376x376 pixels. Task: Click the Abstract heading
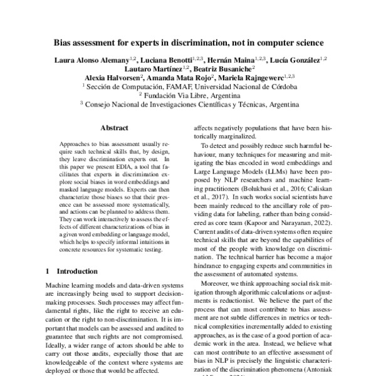tap(114, 128)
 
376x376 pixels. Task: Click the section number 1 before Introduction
tap(49, 271)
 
